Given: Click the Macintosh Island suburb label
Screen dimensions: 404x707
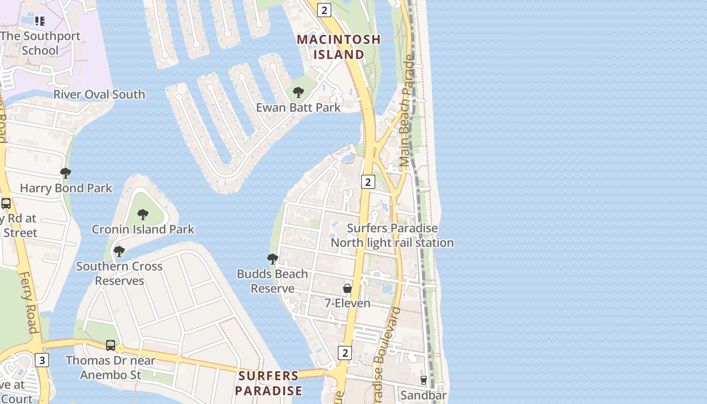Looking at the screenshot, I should [338, 46].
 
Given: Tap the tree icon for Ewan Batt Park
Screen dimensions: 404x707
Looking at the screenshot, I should [298, 92].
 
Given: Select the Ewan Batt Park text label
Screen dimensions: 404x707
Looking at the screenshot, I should [298, 108].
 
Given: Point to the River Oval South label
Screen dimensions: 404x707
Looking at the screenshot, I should [99, 94].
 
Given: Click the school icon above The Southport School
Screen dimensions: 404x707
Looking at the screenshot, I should [40, 21].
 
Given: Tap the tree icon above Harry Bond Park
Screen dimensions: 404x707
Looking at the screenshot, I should [66, 173].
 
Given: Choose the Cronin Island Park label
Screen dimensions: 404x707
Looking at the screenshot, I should [143, 229].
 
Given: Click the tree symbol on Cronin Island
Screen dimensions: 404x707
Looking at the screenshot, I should [143, 214].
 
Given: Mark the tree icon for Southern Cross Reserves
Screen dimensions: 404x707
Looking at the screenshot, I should [119, 251].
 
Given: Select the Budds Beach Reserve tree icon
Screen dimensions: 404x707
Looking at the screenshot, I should [273, 259].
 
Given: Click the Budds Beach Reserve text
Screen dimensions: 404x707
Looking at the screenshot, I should [273, 281].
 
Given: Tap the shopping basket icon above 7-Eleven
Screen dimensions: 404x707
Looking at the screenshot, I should [347, 288].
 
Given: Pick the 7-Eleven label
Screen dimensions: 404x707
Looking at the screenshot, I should [347, 303].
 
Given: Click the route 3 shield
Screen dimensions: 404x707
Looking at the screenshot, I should [42, 360].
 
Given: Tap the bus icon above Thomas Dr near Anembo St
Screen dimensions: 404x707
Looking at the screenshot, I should [111, 345].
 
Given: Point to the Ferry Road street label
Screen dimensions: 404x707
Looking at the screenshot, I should [29, 303].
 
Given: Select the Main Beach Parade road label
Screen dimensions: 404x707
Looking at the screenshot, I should [406, 111].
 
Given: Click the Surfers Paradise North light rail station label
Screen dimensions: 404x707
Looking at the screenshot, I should [392, 235].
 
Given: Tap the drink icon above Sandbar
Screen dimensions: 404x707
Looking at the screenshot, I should [424, 380].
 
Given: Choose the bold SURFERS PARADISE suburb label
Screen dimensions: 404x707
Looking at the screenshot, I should [269, 383].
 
